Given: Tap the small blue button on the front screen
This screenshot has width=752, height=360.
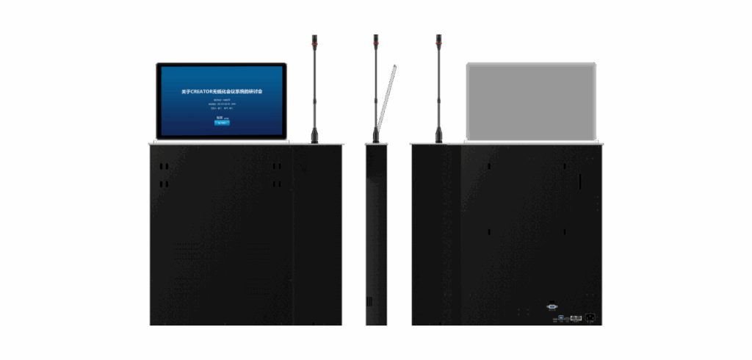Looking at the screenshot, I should (x=222, y=123).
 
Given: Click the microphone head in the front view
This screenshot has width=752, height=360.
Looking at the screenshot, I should (x=313, y=39).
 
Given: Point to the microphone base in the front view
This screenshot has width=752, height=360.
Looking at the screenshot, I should (x=313, y=136).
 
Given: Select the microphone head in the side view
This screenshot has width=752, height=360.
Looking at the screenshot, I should (x=375, y=39).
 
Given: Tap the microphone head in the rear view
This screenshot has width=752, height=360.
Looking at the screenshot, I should (x=438, y=39).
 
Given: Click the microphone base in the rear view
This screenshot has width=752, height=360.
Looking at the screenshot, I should (x=438, y=135).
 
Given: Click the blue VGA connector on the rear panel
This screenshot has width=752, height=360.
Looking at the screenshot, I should (x=552, y=307).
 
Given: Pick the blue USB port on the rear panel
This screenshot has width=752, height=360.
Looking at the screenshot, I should (x=561, y=318).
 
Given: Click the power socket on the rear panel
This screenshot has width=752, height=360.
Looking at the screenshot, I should (x=590, y=317).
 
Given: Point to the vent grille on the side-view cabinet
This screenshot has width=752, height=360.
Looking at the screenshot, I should (x=369, y=300).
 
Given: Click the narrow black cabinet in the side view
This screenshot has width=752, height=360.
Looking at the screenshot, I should (x=375, y=235).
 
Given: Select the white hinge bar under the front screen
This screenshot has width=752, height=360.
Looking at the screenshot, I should (x=220, y=140).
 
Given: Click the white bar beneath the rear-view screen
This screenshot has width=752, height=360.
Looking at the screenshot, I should (x=530, y=140).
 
